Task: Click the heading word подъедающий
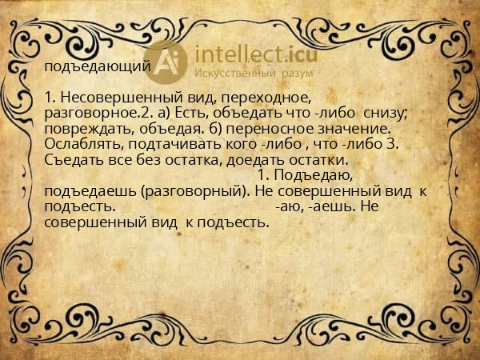pos(96,67)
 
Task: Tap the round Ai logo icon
pos(166,62)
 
